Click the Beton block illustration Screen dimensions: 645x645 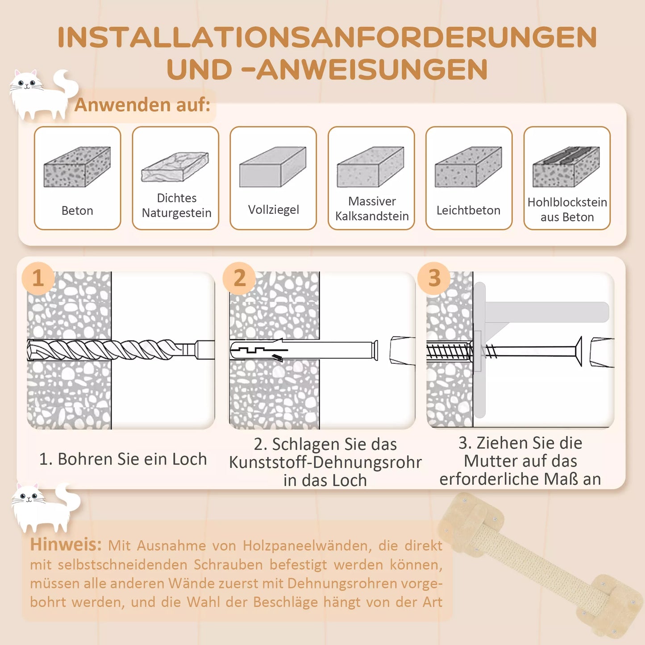tap(77, 167)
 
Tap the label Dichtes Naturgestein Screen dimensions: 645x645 tap(176, 205)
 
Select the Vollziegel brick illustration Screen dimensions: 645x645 tap(272, 167)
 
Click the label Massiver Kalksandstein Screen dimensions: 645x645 tap(371, 208)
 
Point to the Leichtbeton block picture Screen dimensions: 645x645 tap(468, 167)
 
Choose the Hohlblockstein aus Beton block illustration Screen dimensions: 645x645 tap(566, 167)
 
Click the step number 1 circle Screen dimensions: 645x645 tap(38, 278)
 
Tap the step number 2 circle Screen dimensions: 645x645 tap(239, 278)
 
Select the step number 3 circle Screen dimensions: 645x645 tap(434, 278)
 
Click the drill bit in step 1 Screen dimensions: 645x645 tap(112, 350)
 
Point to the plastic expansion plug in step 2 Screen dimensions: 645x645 tap(304, 350)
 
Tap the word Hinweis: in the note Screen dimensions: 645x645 tap(66, 545)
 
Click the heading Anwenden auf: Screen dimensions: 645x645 tap(142, 105)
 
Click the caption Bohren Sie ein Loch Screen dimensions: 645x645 tap(123, 459)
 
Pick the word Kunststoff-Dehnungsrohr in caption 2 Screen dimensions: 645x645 tap(325, 462)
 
